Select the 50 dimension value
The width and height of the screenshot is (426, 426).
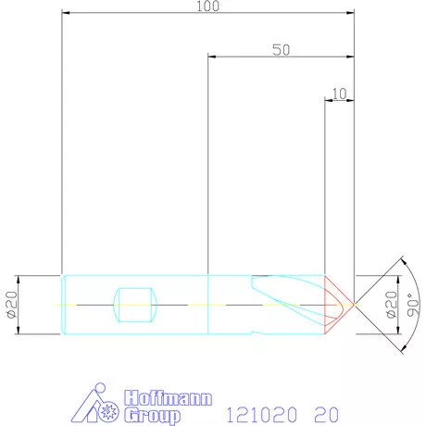[x=282, y=50]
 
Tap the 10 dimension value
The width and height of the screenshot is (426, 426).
[x=339, y=93]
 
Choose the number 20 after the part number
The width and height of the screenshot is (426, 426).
[x=326, y=411]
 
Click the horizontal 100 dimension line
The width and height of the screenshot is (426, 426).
[x=139, y=14]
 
